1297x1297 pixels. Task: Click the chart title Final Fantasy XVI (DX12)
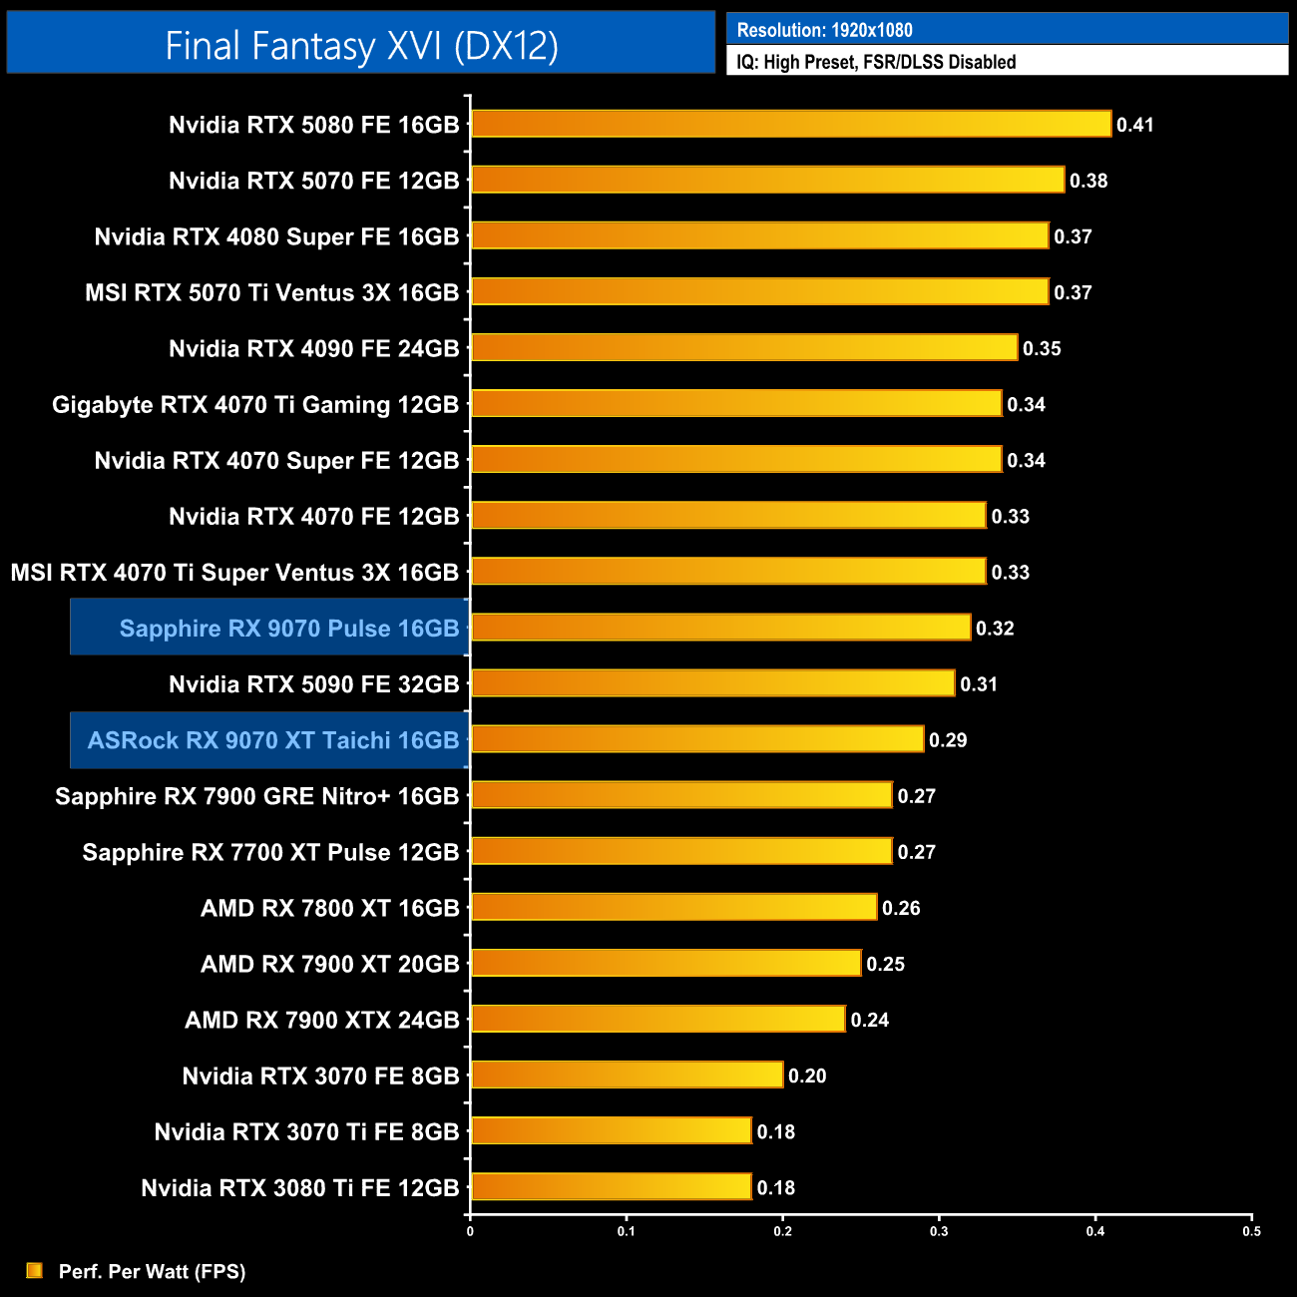pos(361,46)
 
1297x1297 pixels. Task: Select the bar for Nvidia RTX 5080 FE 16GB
pos(790,125)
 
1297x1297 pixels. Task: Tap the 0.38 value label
pos(1088,181)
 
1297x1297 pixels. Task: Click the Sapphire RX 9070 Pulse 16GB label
pos(289,629)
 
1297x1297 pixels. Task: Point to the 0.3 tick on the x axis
pos(939,1231)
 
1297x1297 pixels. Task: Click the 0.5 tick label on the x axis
pos(1251,1231)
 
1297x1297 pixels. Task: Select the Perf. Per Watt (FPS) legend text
pos(152,1271)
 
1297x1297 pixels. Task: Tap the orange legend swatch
pos(35,1270)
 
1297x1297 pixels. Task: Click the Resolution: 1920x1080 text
pos(824,30)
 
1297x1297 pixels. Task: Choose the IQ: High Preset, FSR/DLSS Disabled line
pos(876,62)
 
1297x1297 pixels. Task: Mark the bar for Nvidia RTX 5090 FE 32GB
pos(712,683)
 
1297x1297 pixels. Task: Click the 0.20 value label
pos(807,1076)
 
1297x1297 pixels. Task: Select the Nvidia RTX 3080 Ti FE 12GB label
pos(300,1188)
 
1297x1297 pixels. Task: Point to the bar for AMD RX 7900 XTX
pos(657,1019)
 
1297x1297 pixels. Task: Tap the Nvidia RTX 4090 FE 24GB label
pos(314,349)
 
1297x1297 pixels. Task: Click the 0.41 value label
pos(1135,125)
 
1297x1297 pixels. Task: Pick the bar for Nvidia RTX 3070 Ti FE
pos(611,1130)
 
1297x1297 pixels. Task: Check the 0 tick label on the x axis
pos(470,1231)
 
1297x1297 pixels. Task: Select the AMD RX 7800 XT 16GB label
pos(330,908)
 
